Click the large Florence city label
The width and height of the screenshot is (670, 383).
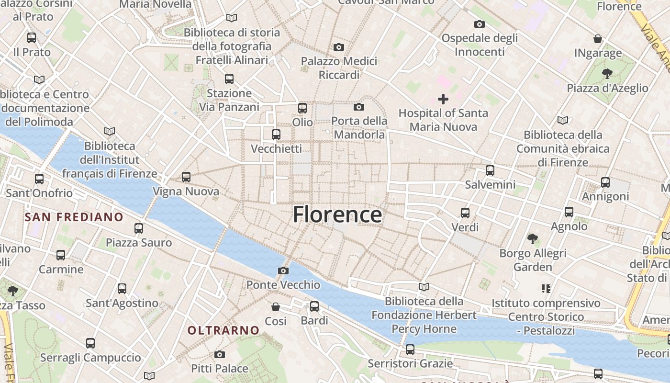click(x=337, y=214)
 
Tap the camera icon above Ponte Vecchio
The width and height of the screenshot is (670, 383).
click(x=283, y=271)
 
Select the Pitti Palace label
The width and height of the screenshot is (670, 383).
click(x=220, y=368)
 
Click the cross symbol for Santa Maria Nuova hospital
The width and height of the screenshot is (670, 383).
click(x=443, y=99)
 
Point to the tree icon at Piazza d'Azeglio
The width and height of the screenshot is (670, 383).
click(x=607, y=74)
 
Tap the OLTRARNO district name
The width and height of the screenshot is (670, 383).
click(x=223, y=330)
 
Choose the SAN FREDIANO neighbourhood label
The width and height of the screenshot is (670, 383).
click(x=74, y=217)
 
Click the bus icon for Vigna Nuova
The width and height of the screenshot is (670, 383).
click(x=186, y=177)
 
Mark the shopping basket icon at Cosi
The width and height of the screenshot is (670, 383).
click(x=276, y=307)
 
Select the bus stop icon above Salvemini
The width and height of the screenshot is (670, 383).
click(x=490, y=170)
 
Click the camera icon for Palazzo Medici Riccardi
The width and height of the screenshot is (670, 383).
click(x=339, y=47)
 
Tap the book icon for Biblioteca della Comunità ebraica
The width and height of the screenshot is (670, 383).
click(x=563, y=121)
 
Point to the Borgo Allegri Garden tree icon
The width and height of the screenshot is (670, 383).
click(x=532, y=238)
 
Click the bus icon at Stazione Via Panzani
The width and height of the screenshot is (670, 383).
click(x=229, y=79)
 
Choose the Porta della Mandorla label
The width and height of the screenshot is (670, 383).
click(x=359, y=128)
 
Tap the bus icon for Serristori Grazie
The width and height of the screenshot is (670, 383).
click(x=410, y=349)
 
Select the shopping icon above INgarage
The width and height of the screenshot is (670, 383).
click(x=598, y=39)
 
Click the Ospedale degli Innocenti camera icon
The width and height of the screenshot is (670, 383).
click(x=479, y=24)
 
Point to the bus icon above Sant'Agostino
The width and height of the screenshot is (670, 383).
click(x=122, y=289)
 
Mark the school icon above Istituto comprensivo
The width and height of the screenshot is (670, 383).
click(x=546, y=288)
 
